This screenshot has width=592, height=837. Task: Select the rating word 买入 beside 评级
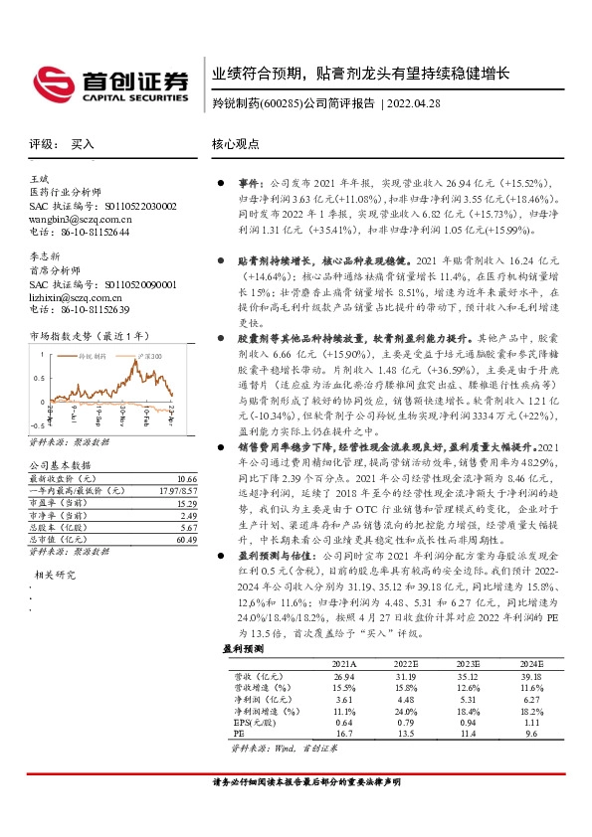click(x=82, y=144)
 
